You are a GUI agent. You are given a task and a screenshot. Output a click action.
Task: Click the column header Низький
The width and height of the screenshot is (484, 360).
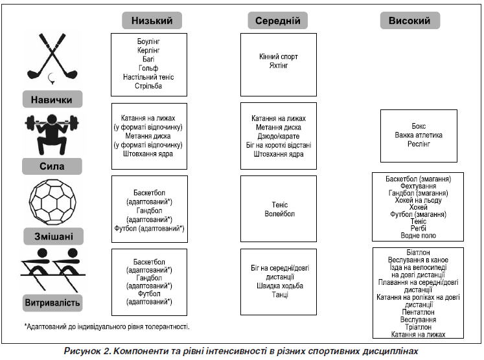152,20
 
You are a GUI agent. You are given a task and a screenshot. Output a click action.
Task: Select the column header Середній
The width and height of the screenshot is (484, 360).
277,20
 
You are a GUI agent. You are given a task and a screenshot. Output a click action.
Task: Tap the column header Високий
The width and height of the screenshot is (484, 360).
409,20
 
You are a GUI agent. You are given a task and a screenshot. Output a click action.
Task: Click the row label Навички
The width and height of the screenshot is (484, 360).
52,99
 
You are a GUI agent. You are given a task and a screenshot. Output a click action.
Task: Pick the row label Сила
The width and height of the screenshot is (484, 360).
52,166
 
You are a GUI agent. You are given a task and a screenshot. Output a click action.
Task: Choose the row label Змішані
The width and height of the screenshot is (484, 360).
53,236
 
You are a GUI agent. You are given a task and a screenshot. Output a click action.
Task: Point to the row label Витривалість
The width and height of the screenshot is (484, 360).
52,302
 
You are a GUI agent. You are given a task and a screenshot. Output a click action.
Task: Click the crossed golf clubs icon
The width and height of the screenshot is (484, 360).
52,59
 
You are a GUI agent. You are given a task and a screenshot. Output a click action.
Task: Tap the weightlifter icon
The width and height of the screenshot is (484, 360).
52,134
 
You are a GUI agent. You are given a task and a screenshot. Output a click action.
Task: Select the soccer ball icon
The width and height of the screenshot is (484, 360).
52,203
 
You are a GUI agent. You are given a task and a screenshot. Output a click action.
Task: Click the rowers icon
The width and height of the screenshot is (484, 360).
52,269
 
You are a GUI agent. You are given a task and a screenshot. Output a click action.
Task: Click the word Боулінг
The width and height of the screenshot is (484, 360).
148,41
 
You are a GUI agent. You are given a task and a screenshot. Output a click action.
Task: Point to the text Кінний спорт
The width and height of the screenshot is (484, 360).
279,56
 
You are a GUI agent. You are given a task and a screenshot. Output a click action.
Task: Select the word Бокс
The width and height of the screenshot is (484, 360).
419,126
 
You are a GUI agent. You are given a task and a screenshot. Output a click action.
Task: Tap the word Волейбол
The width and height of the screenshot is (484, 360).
280,214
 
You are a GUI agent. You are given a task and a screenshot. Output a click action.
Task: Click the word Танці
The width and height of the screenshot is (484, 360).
280,295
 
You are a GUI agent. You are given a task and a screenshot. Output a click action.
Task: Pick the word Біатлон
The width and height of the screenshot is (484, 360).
419,253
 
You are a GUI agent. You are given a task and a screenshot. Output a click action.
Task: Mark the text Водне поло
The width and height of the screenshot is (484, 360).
419,236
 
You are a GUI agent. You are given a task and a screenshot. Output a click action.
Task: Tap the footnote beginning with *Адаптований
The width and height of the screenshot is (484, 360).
107,326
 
